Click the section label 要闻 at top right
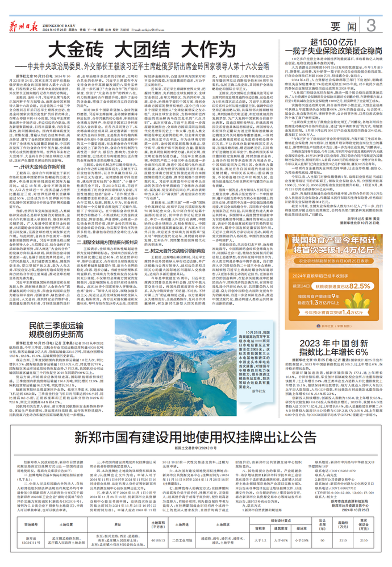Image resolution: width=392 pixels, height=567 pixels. (344, 26)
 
